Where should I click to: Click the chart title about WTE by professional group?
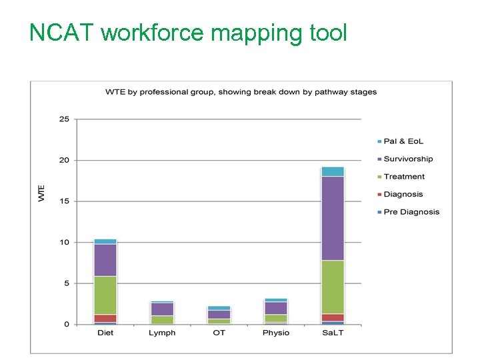coord(241,92)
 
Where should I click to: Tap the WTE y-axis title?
coord(41,194)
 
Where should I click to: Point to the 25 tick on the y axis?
coord(64,119)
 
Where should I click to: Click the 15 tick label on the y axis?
coord(64,201)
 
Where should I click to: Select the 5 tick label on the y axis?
coord(66,283)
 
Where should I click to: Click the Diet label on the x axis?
coord(105,333)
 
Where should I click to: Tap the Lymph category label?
coord(162,333)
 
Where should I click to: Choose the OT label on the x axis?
coord(219,333)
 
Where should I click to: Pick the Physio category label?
coord(275,333)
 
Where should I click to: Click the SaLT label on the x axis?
coord(333,333)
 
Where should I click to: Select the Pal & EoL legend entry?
coord(403,141)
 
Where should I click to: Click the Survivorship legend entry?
coord(407,159)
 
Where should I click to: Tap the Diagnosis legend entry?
coord(403,195)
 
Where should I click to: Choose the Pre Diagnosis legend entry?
coord(411,212)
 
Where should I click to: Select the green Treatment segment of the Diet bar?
coord(105,295)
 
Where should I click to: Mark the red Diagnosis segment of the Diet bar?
coord(105,318)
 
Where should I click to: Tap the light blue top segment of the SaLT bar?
coord(333,171)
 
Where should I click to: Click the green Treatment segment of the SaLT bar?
coord(333,287)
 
